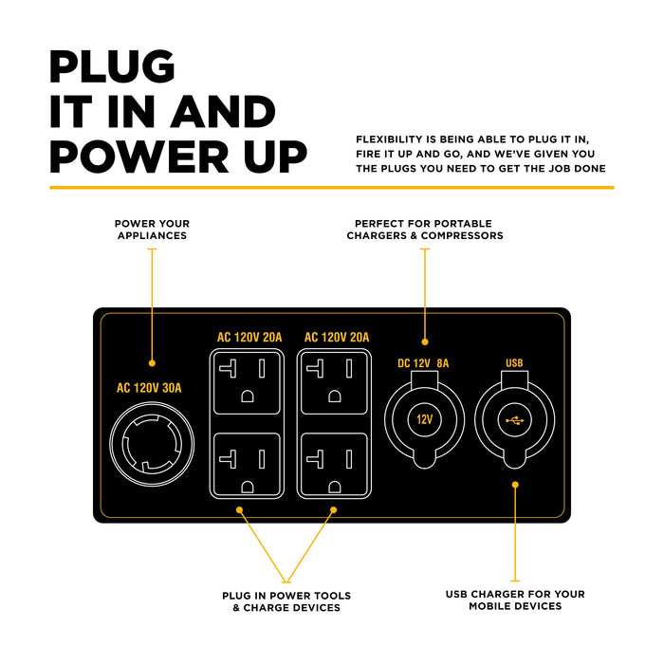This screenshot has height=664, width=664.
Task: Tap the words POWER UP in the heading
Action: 178,156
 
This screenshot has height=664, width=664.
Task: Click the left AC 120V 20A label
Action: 249,338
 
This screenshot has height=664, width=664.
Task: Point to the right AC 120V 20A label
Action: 336,338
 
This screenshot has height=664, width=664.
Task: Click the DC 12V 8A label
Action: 423,363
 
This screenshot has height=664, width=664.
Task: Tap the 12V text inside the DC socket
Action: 424,417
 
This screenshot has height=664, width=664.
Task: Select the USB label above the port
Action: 514,363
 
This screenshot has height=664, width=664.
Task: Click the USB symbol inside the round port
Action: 514,417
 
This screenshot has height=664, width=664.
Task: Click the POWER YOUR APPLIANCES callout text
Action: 152,230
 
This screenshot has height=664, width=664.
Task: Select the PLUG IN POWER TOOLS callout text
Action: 286,601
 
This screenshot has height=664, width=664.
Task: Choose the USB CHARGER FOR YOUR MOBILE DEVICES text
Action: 515,600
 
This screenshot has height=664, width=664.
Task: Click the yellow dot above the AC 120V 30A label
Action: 152,362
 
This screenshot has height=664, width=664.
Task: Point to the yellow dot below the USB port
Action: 515,485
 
